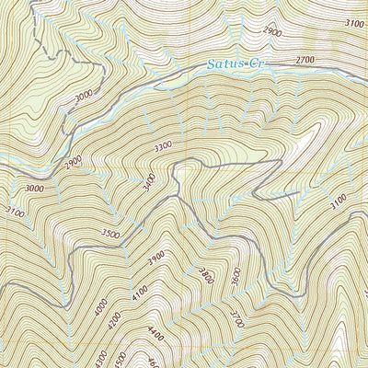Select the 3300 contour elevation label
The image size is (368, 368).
164,146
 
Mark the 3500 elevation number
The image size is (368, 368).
111,235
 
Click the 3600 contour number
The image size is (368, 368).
236,276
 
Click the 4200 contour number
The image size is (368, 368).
112,322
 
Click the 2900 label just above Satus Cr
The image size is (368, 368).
272,31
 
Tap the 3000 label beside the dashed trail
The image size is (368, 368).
84,97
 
